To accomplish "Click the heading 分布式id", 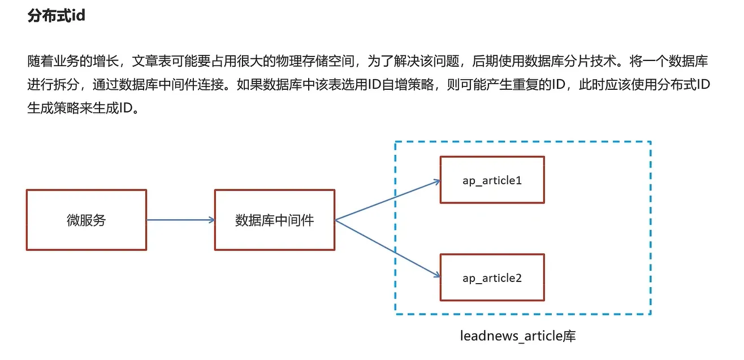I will pos(56,16).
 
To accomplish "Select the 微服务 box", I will pos(86,220).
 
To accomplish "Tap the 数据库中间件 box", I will pos(274,220).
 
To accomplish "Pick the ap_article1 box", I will pos(492,180).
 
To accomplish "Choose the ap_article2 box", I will pos(492,277).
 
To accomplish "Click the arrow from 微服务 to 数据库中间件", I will pos(180,220).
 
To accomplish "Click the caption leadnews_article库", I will pos(518,336).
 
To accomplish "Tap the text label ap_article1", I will pos(492,180).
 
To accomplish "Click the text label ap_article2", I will pos(492,278).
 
